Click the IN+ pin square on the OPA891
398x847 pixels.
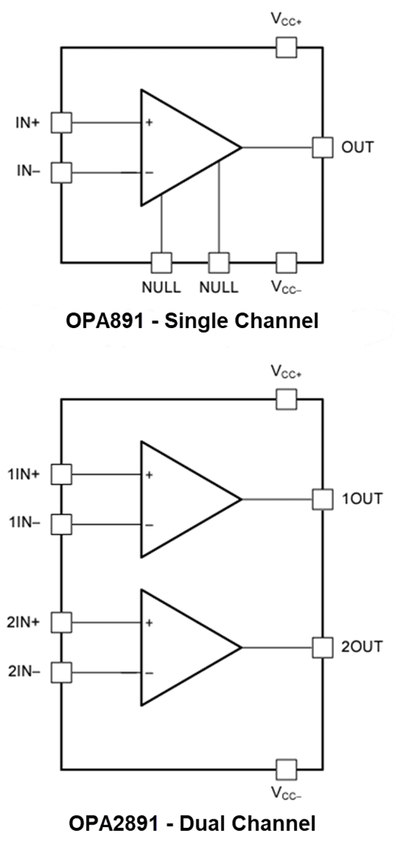[61, 122]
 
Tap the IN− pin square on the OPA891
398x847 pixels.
[61, 172]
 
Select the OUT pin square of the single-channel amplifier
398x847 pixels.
[323, 147]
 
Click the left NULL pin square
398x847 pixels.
[162, 263]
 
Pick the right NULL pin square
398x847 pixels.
[219, 263]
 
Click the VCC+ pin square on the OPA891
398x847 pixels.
[286, 48]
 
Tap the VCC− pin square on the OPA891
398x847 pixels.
[286, 263]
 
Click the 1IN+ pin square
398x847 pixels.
[61, 474]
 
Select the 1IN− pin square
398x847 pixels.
[61, 525]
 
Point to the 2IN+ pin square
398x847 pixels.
[61, 621]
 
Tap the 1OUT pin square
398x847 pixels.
[323, 499]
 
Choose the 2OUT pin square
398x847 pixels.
[323, 647]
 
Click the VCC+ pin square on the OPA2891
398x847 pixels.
[286, 399]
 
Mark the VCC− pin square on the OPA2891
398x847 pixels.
[286, 768]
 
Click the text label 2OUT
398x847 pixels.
[361, 647]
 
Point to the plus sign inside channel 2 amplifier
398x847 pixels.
[149, 622]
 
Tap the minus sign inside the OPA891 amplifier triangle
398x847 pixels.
[149, 172]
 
